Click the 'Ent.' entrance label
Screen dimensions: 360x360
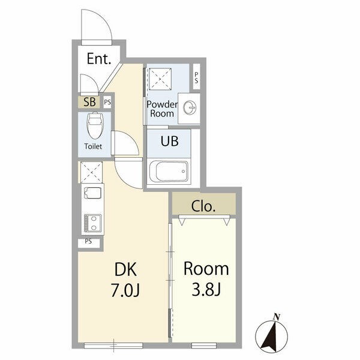99,59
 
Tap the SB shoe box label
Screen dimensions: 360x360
89,102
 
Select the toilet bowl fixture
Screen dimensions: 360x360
94,125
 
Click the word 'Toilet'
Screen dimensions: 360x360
93,146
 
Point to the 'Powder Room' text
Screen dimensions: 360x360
162,109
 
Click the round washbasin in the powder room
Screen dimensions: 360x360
190,107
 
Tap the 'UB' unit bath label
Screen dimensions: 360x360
170,141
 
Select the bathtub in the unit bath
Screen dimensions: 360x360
169,171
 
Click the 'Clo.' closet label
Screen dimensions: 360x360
203,206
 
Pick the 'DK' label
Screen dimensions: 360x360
125,269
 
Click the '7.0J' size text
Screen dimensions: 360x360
125,290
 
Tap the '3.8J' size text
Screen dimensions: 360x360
206,290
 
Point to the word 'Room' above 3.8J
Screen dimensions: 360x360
206,269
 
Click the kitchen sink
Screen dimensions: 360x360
93,193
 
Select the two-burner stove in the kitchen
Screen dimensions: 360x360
93,223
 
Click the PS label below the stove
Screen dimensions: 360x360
88,241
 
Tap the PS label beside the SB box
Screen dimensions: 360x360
107,102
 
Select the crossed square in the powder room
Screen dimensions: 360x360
160,79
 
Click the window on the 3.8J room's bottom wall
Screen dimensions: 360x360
204,346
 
